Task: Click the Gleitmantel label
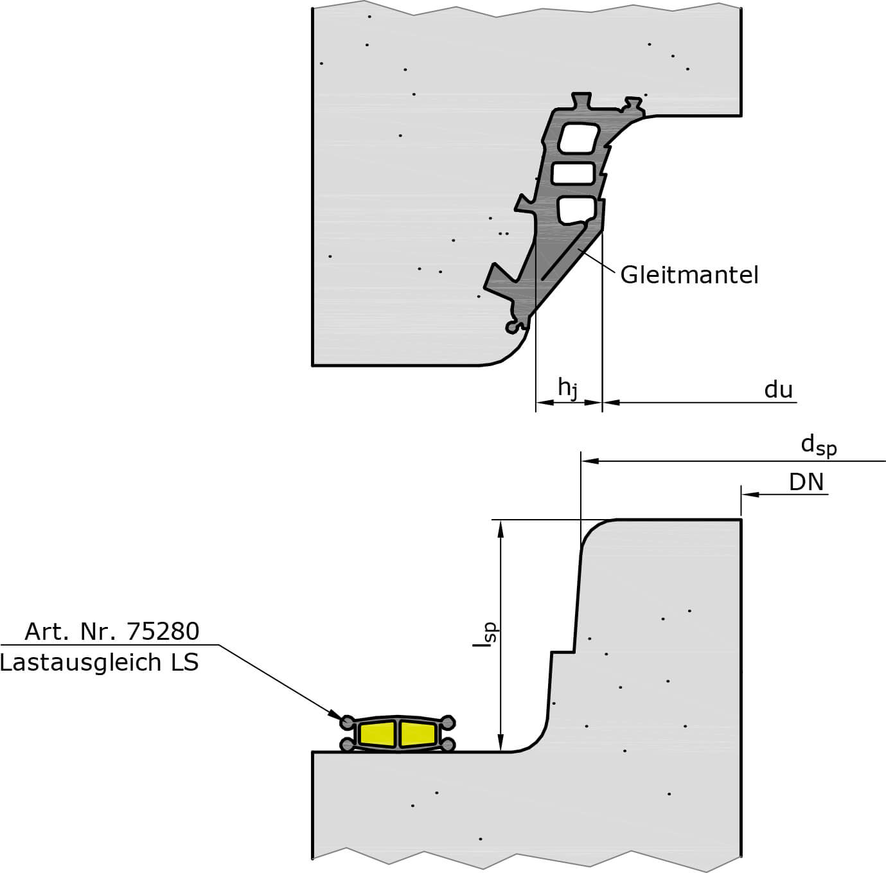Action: [x=689, y=276]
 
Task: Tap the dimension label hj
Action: [x=567, y=388]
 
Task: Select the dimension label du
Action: [x=778, y=390]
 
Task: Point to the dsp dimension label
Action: [x=818, y=445]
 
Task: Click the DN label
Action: [x=806, y=482]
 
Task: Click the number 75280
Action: [x=163, y=631]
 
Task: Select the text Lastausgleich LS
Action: [x=100, y=662]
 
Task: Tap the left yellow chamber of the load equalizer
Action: [x=378, y=734]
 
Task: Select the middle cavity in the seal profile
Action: [x=573, y=173]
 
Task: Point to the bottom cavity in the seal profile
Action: [x=576, y=210]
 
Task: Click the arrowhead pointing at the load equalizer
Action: [x=335, y=714]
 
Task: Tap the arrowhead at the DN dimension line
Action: [x=749, y=494]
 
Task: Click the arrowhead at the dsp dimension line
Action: [x=589, y=461]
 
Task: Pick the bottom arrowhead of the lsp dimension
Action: [x=501, y=744]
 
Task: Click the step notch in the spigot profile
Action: [x=562, y=652]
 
